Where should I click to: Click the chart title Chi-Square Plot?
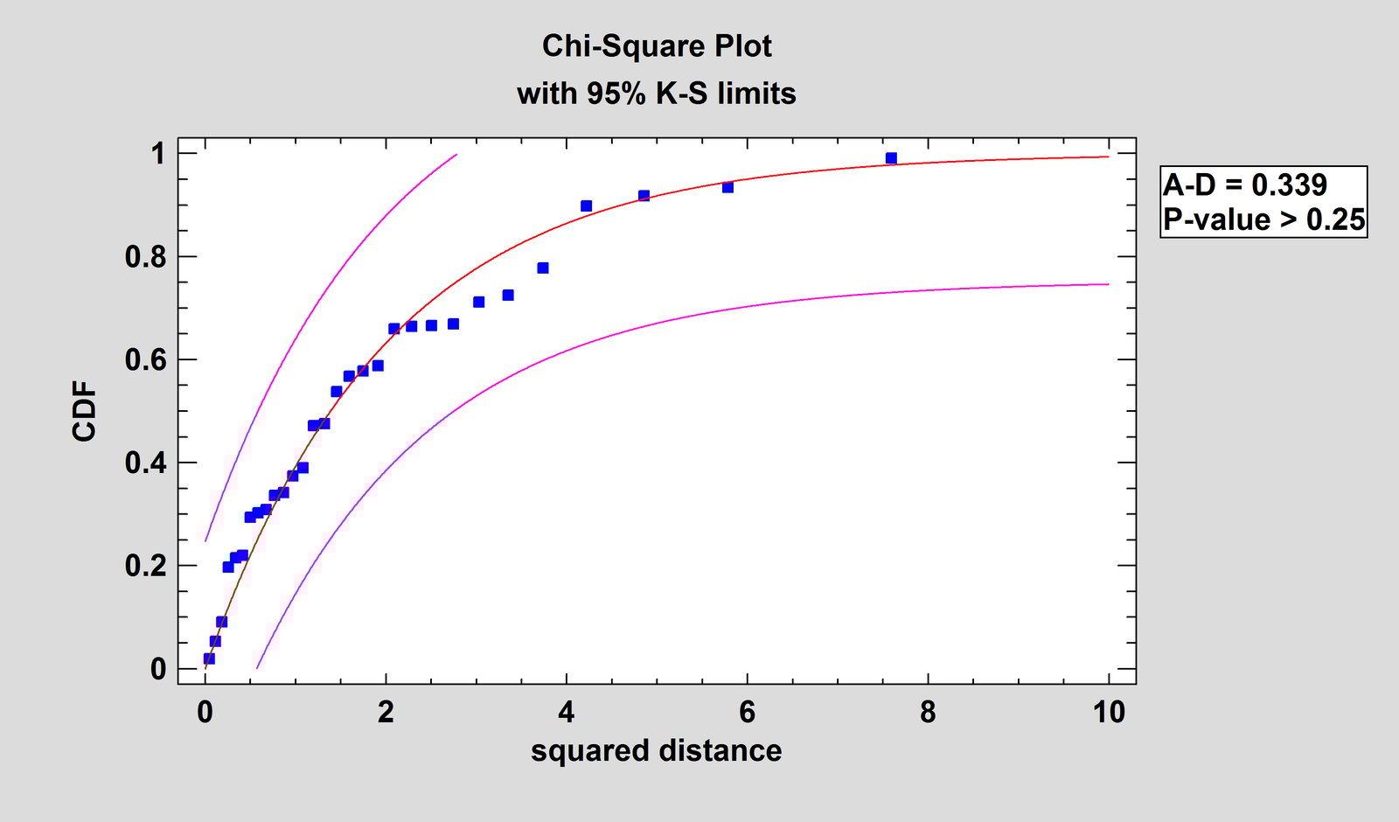click(x=657, y=45)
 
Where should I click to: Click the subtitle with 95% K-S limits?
click(x=657, y=93)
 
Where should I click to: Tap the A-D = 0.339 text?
click(x=1244, y=185)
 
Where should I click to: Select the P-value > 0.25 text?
click(x=1263, y=219)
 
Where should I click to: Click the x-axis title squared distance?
click(x=656, y=750)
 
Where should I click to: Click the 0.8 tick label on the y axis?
click(x=145, y=257)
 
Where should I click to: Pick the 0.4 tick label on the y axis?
click(x=145, y=463)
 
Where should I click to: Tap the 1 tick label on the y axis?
click(x=157, y=154)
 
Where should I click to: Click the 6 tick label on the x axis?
click(x=747, y=712)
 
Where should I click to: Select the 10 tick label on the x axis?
click(x=1108, y=712)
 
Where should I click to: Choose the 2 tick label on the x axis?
click(x=386, y=712)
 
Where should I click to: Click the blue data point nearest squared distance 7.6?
click(x=891, y=158)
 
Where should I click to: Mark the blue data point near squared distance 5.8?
click(x=727, y=187)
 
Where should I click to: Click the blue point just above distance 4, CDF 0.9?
click(x=586, y=206)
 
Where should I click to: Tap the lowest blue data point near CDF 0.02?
click(x=209, y=658)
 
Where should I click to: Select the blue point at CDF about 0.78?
click(x=542, y=268)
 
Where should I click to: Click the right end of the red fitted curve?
click(x=1108, y=157)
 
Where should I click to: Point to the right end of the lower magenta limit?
click(x=1108, y=284)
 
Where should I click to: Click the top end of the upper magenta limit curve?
click(x=456, y=155)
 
